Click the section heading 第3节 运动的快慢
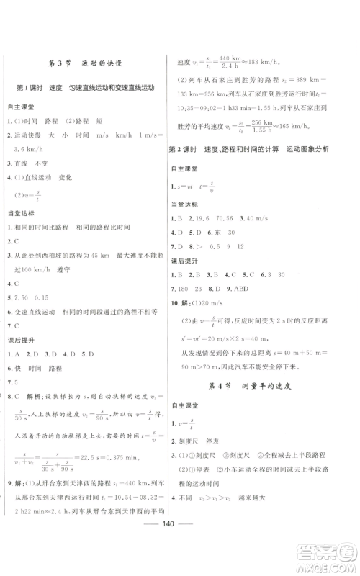90,63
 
